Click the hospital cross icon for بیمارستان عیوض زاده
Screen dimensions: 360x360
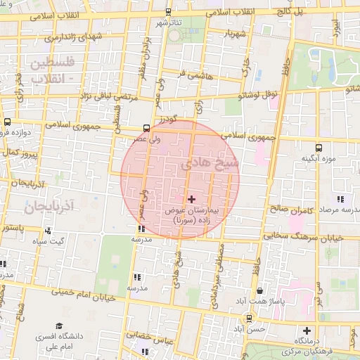pyautogui.click(x=192, y=200)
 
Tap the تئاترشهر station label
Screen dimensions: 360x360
pyautogui.click(x=167, y=23)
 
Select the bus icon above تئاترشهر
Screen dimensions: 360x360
pyautogui.click(x=167, y=13)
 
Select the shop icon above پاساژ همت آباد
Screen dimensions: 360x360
pyautogui.click(x=260, y=290)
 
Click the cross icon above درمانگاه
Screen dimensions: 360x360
pyautogui.click(x=306, y=330)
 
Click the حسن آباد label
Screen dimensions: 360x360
pyautogui.click(x=249, y=329)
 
